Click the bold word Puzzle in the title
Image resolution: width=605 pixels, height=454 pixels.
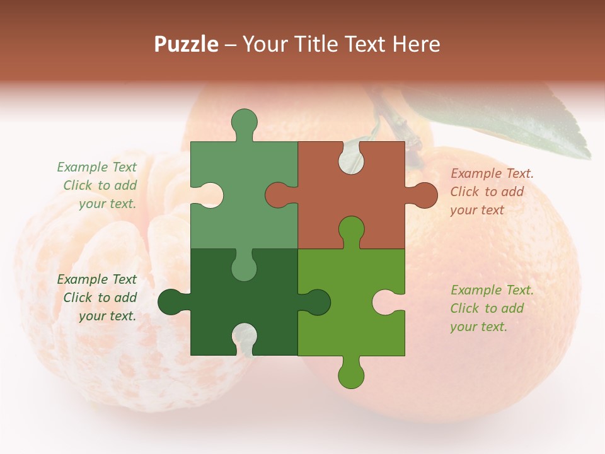tap(187, 44)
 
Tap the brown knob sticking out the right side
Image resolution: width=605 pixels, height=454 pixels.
tap(423, 195)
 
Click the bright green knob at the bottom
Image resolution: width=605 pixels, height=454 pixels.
tap(351, 374)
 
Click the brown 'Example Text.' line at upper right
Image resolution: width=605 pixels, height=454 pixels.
tap(492, 173)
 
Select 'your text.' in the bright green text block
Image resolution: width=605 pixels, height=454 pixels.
tap(478, 327)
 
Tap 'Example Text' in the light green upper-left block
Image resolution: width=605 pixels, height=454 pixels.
tap(96, 167)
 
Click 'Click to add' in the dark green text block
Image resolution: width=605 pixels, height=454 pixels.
tap(100, 298)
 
